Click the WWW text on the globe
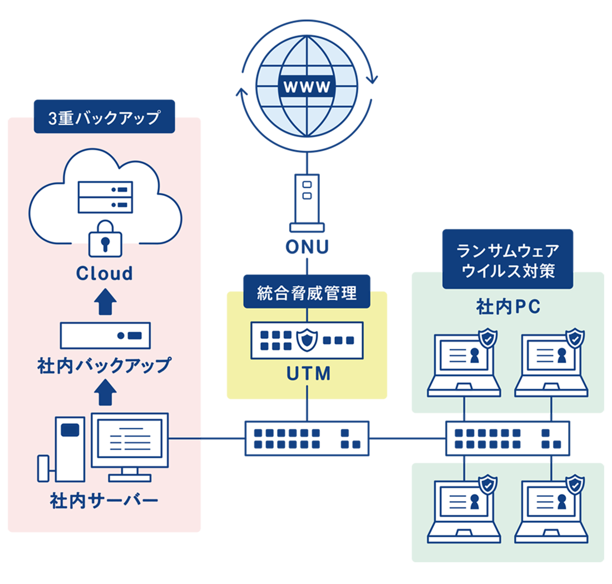tap(308, 87)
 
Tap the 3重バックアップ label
tap(104, 119)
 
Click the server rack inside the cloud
tap(106, 196)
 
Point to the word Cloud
tap(105, 274)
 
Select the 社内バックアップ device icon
tap(105, 335)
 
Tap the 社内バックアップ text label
tap(104, 366)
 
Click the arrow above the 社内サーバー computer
tap(105, 394)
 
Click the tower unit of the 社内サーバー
tap(70, 448)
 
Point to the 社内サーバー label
tap(104, 501)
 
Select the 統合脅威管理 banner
tap(307, 293)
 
